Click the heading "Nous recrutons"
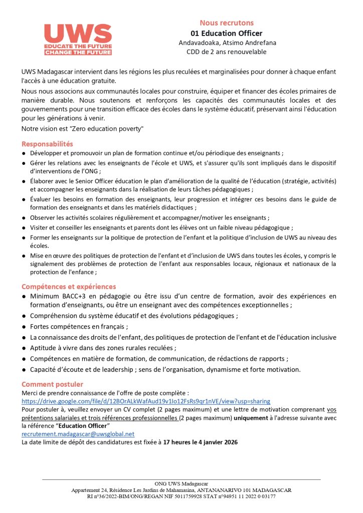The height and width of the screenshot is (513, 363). pos(227,23)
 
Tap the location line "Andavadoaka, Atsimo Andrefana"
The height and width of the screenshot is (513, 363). pos(228,43)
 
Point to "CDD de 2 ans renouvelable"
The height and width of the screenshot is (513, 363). pos(227,52)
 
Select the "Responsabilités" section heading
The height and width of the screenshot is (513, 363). pos(47,144)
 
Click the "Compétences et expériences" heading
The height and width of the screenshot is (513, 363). pos(68,287)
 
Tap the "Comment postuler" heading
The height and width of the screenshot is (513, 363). pos(52,384)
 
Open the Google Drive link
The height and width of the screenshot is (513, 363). pos(145,401)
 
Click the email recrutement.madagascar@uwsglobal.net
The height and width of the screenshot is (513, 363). pos(78,434)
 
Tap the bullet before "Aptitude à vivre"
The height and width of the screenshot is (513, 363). pos(24,348)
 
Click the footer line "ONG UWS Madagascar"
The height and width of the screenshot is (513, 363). pos(181,484)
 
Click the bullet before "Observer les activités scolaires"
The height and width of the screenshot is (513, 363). pos(24,218)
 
